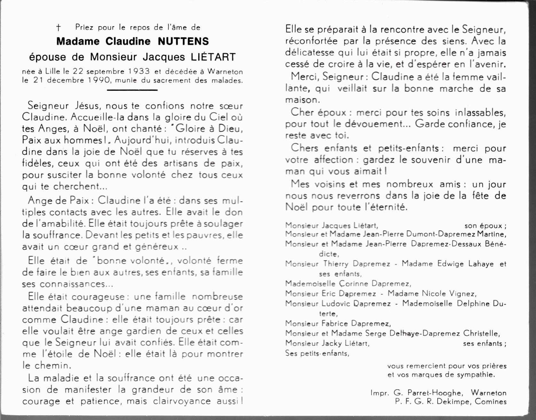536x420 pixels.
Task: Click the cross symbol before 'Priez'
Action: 58,28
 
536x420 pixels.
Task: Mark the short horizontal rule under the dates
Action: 132,90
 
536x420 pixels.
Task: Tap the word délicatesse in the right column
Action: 310,53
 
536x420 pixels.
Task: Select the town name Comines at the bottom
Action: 491,401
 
